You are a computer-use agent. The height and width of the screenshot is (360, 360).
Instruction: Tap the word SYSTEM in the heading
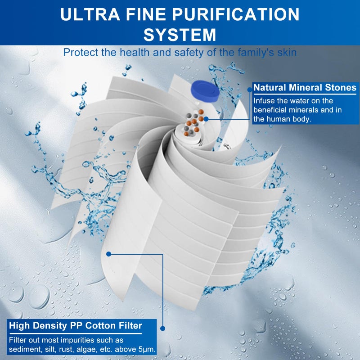[x=180, y=34]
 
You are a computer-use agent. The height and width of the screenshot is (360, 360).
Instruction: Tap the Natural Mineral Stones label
[x=305, y=88]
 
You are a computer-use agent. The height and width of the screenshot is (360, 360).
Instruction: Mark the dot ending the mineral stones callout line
[x=206, y=119]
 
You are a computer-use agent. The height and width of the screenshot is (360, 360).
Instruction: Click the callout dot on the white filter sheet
[x=109, y=254]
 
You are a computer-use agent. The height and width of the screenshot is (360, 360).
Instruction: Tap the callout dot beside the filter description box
[x=163, y=329]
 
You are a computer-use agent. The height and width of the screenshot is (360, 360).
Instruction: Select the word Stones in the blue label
[x=341, y=88]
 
